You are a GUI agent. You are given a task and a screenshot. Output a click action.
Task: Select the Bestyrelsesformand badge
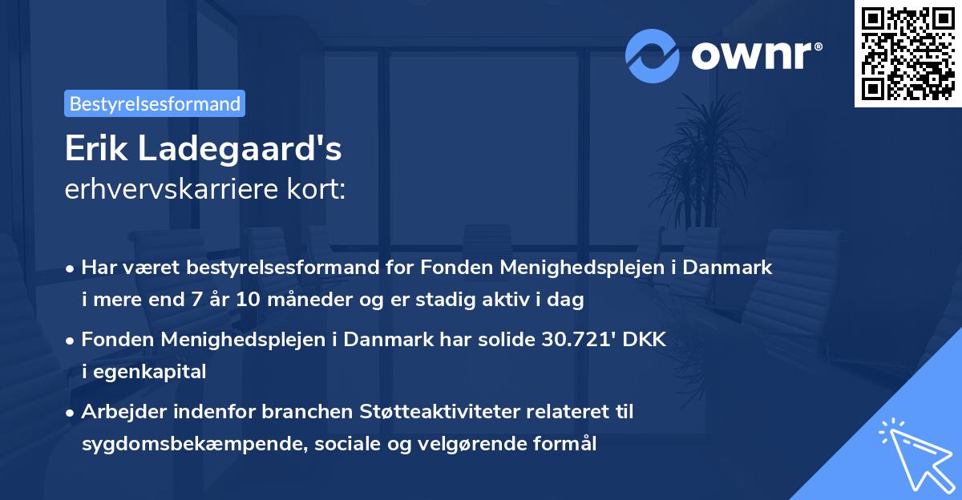[155, 103]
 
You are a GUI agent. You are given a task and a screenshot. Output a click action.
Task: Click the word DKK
[645, 341]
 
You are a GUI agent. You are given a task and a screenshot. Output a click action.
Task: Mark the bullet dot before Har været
[71, 269]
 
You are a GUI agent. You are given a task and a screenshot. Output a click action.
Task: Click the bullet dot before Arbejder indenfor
[71, 413]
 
